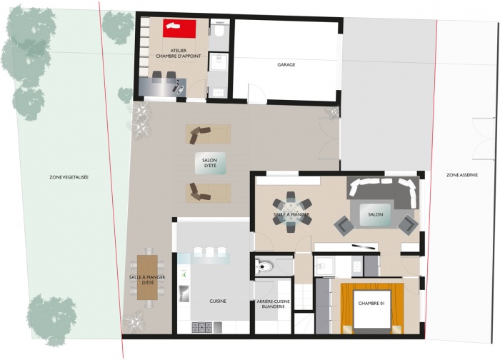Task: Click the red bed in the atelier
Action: tap(179, 28)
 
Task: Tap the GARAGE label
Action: tap(286, 65)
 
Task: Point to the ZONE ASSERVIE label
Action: tap(462, 174)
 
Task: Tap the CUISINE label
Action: tap(218, 301)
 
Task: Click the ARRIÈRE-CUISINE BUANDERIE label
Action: tap(273, 304)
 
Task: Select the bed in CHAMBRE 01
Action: tap(371, 306)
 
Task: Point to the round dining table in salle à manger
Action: tap(291, 212)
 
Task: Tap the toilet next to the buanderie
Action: tap(264, 266)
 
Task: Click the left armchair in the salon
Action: tap(344, 226)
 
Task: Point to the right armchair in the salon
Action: tap(407, 226)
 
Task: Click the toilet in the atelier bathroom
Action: tap(219, 31)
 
